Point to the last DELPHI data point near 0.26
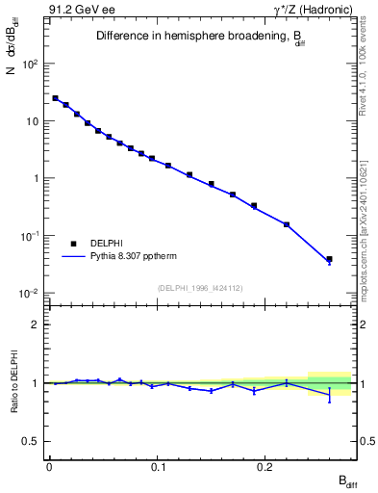pyautogui.click(x=329, y=259)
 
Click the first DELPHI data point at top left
pyautogui.click(x=55, y=98)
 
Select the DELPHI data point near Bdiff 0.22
pyautogui.click(x=287, y=224)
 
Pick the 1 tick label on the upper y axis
pyautogui.click(x=37, y=179)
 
